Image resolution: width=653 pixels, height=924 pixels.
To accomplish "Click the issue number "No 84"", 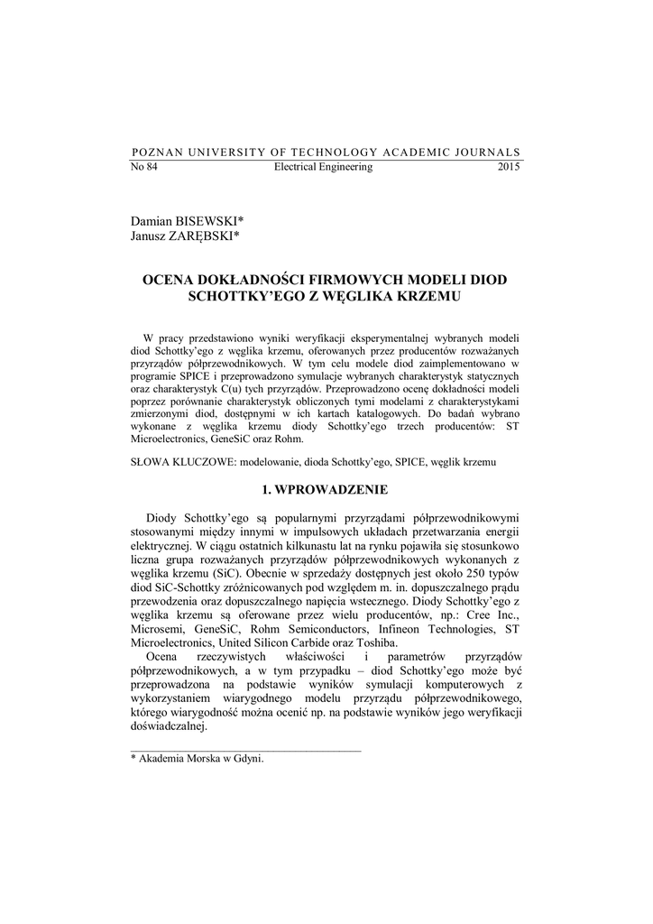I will coord(144,168).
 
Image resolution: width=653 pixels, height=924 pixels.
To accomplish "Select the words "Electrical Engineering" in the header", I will coord(323,168).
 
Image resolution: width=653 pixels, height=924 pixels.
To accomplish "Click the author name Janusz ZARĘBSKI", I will coord(185,236).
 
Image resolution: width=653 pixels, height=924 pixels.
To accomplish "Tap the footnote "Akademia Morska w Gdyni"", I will coord(201,760).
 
